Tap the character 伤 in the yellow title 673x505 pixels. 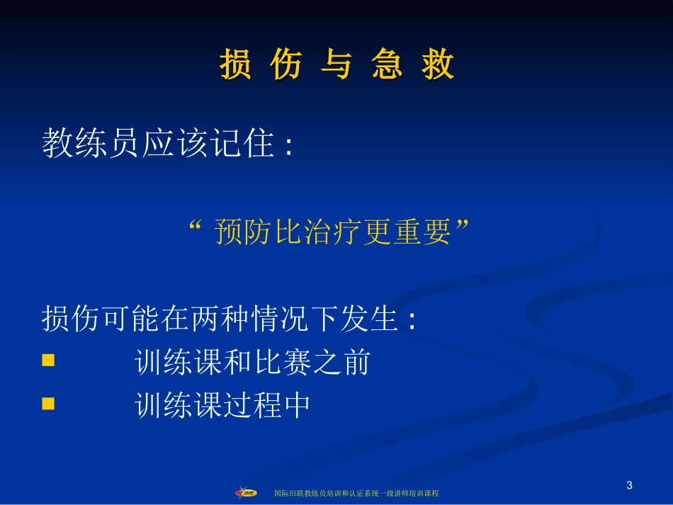tap(286, 66)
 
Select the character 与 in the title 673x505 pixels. tap(336, 66)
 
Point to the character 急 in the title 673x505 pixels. tap(388, 66)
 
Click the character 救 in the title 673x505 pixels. tap(439, 66)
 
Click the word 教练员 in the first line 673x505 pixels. tap(80, 144)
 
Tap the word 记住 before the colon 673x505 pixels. tap(247, 144)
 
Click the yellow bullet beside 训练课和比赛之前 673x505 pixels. tap(48, 360)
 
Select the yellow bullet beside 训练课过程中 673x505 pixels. tap(48, 404)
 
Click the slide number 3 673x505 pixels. tap(629, 485)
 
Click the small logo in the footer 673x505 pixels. tap(247, 492)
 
